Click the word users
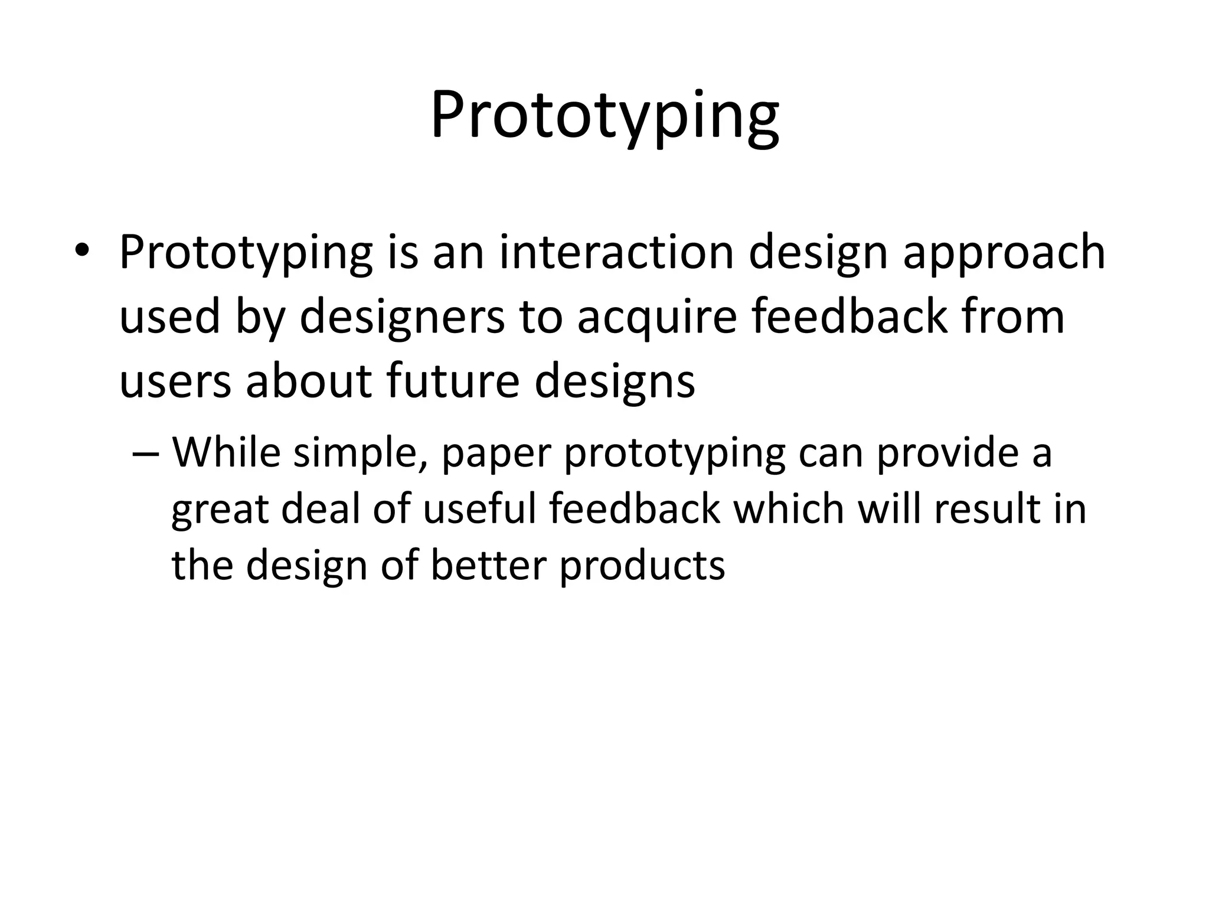(175, 381)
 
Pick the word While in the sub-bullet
(226, 452)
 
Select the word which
(788, 509)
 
